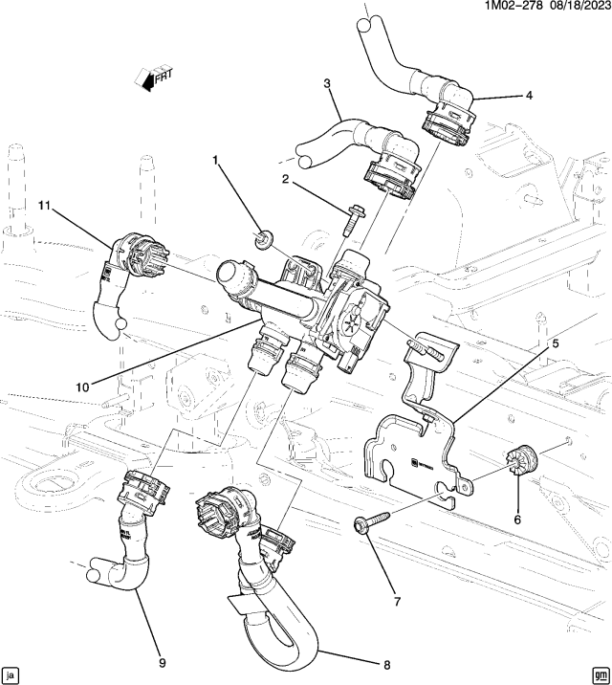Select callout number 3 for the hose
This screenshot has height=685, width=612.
327,84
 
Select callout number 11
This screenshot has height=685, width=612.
45,206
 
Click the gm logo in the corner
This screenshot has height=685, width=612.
600,673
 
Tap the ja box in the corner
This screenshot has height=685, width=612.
11,673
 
